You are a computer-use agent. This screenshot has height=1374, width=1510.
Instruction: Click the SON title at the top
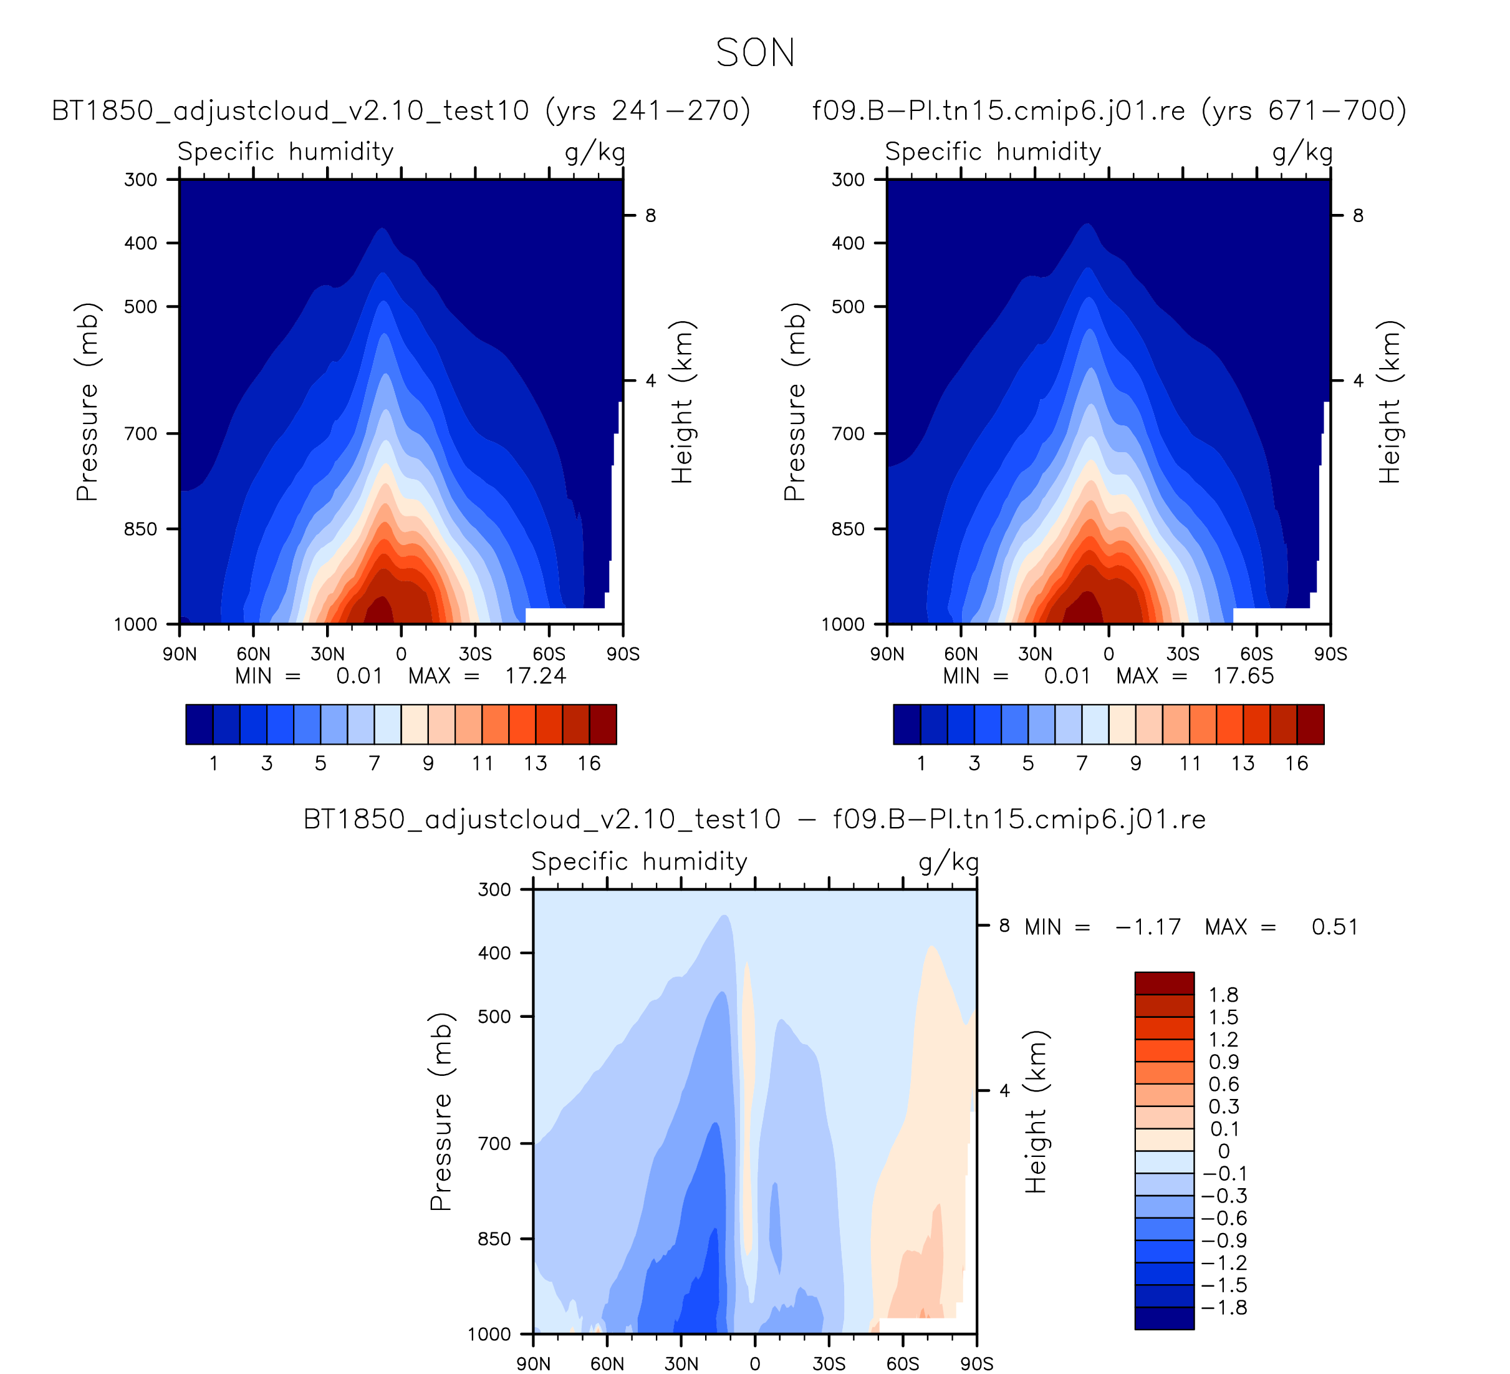[755, 53]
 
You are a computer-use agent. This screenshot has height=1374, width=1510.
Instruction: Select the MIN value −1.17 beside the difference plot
[1148, 927]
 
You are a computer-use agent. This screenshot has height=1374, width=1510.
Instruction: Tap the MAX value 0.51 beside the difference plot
[1335, 927]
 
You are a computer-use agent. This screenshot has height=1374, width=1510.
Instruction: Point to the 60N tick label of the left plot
[253, 654]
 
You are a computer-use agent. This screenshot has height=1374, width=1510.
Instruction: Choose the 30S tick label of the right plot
[1183, 654]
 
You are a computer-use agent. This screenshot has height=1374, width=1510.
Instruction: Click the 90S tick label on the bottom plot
[977, 1363]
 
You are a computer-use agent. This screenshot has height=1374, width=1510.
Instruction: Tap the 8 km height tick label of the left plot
[650, 216]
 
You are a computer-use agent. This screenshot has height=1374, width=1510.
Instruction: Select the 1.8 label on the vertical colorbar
[1223, 995]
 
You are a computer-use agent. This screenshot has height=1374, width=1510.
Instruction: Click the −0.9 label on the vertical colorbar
[1224, 1241]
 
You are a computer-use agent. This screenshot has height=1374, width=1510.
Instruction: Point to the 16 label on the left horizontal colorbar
[589, 763]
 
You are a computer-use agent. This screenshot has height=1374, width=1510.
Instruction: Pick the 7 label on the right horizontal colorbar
[1082, 763]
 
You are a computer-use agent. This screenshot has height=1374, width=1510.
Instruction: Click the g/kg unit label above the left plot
[595, 152]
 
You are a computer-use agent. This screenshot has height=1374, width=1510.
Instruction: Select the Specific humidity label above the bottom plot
[640, 861]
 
